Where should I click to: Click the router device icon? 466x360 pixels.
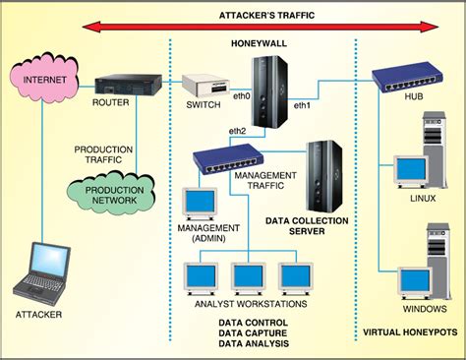coord(124,85)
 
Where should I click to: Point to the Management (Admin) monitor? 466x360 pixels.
coord(201,202)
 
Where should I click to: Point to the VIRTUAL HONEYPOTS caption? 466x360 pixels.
coord(409,333)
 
